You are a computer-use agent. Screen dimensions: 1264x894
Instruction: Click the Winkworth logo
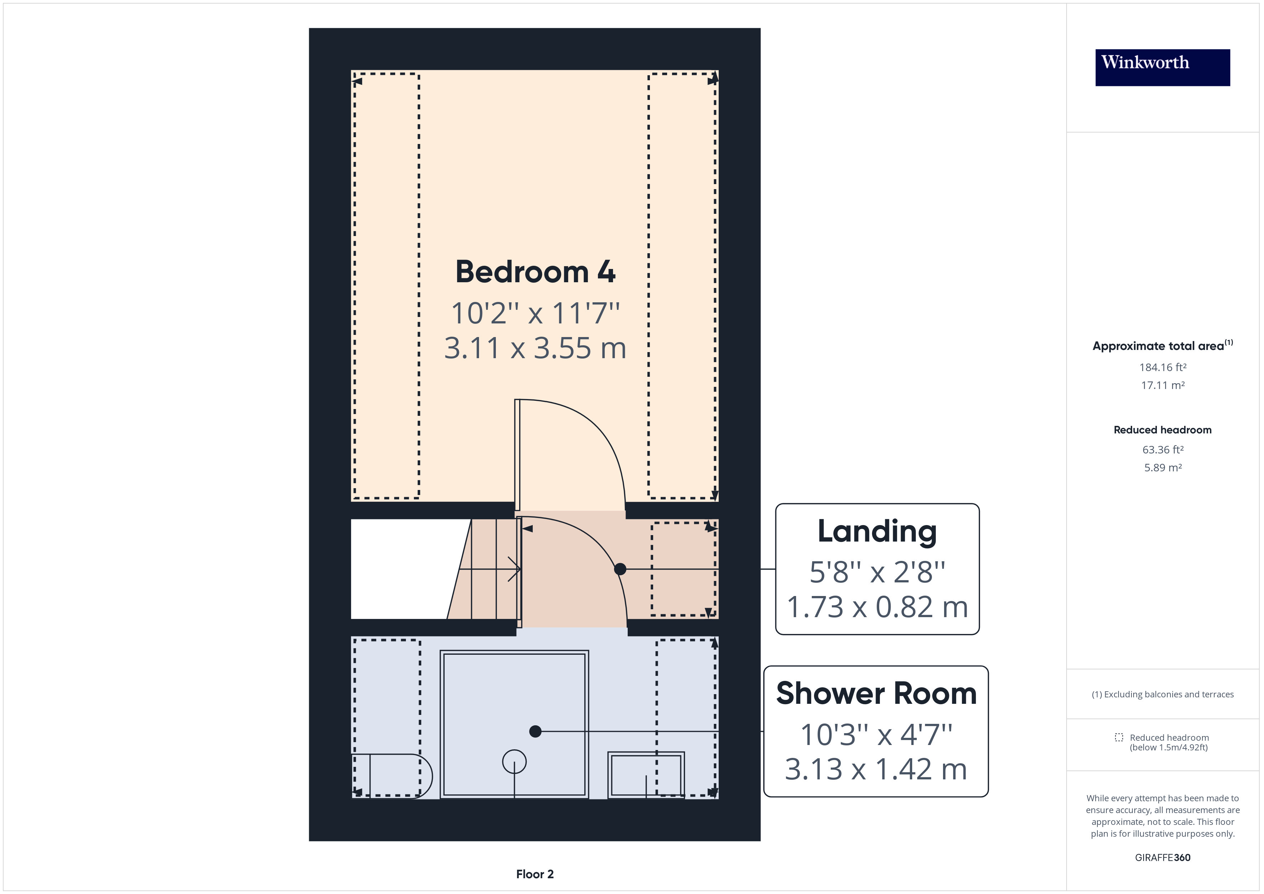point(1162,67)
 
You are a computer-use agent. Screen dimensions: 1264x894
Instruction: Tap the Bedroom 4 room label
point(535,272)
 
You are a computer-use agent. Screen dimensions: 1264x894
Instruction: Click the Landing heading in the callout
point(877,532)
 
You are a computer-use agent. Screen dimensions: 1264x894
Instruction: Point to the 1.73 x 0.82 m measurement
point(877,607)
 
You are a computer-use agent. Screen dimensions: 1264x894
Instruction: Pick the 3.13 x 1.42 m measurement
point(876,769)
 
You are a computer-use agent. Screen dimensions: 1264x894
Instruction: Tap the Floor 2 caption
point(535,874)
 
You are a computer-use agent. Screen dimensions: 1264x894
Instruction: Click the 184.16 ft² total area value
point(1163,367)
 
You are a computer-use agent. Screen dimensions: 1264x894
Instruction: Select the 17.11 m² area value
point(1163,385)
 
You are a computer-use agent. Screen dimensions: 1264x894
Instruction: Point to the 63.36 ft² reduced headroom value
point(1163,450)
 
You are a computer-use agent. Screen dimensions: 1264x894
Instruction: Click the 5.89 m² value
point(1163,467)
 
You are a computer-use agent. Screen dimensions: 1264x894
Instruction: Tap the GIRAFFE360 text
point(1163,858)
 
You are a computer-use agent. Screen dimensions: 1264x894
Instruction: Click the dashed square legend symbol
point(1119,737)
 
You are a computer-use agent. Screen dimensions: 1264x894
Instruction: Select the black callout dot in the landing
point(620,569)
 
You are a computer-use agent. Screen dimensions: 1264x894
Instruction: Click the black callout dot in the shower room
point(535,732)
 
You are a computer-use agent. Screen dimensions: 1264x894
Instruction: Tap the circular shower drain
point(514,762)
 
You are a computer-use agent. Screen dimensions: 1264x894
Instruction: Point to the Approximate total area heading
point(1163,346)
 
